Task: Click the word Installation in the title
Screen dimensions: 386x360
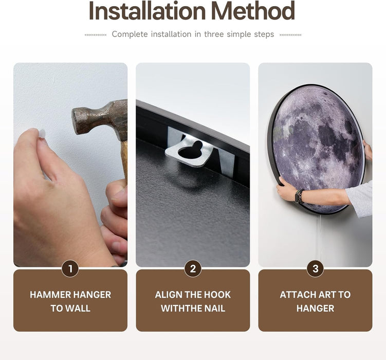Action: [147, 11]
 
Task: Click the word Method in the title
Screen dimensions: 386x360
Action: [253, 11]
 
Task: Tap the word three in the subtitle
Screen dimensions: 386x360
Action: [214, 34]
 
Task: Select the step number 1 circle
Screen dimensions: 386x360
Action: [70, 268]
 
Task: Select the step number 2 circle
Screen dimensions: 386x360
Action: [193, 268]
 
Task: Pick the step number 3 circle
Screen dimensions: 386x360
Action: [315, 268]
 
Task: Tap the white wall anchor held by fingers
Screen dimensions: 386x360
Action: [42, 134]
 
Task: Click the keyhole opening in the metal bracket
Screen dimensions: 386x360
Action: [190, 150]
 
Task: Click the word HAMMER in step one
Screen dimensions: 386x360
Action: [50, 295]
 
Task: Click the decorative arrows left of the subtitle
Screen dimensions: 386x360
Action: [96, 35]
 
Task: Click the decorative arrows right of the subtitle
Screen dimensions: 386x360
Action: [290, 35]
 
